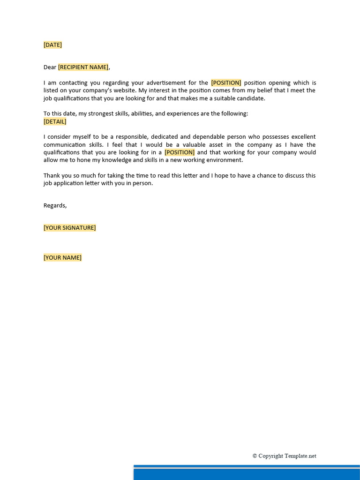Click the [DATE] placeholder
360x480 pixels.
click(52, 45)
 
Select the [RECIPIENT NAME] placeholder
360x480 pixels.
click(83, 67)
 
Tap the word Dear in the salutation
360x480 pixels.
click(50, 67)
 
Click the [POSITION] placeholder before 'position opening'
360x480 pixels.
click(226, 82)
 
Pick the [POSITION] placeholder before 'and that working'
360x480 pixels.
click(180, 152)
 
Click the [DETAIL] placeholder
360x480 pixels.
click(55, 121)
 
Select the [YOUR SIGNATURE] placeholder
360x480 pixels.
click(69, 228)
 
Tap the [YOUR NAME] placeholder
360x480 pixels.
click(62, 257)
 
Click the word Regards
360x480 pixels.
click(55, 205)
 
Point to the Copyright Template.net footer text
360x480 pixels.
click(285, 456)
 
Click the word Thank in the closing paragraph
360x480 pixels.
click(52, 175)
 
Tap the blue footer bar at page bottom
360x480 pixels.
click(247, 473)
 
